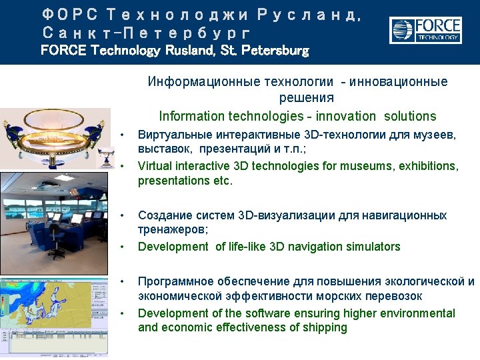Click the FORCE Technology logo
(x=425, y=30)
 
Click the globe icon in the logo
(x=403, y=30)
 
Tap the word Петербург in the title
(x=186, y=33)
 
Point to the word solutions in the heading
(x=410, y=116)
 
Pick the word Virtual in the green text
(x=155, y=165)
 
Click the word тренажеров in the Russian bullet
(x=173, y=229)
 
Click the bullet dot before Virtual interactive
(x=122, y=166)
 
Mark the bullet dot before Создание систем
(x=122, y=216)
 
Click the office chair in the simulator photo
(x=57, y=242)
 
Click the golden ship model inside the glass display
(x=53, y=140)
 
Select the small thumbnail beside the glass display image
(x=105, y=157)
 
